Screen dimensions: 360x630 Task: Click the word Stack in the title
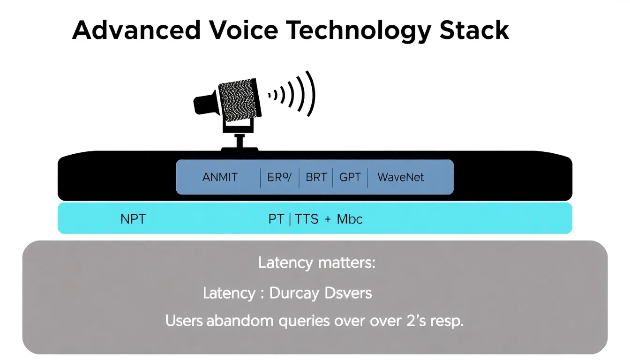(474, 30)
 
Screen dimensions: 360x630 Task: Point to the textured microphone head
(237, 99)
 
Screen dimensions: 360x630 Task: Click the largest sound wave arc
(311, 94)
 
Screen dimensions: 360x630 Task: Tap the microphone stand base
(240, 149)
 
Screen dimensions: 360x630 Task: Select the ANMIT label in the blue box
(220, 178)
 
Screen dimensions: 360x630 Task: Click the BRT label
(316, 178)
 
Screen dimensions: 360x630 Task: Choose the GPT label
(350, 178)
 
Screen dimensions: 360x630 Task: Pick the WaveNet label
(400, 178)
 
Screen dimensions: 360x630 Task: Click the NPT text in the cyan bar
(133, 219)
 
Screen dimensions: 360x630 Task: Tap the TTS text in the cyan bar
(307, 219)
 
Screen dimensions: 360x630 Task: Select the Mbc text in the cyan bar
(350, 219)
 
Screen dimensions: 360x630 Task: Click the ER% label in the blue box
(279, 178)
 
